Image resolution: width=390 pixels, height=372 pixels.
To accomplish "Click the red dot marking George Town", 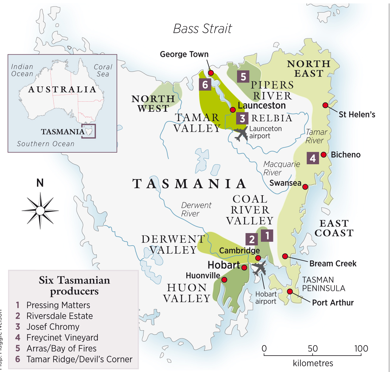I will pos(211,73).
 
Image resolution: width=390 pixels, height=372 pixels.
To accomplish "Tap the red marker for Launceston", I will pos(233,110).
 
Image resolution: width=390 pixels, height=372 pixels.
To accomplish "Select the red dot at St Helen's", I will pos(325,105).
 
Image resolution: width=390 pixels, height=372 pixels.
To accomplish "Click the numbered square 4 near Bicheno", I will pos(312,158).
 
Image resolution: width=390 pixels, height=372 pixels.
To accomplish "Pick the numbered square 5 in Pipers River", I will pos(243,77).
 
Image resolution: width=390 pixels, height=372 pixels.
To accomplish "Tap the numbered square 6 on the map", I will pos(205,85).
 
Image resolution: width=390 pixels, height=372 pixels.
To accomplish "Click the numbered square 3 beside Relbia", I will pos(242,118).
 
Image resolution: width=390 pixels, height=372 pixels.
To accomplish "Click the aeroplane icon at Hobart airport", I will pos(259,268).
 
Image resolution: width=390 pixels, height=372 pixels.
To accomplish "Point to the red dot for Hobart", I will pos(244,267).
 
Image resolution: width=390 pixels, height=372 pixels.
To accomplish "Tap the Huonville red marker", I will pos(224,280).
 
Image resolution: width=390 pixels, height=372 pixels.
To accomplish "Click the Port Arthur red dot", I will pos(290,292).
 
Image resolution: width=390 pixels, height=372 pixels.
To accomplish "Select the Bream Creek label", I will pos(333,263).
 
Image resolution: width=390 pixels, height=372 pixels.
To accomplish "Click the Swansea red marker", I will pos(305,187).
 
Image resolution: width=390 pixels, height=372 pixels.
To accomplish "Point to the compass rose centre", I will pos(40,211).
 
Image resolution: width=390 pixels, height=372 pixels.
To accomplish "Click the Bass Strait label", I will pos(202,29).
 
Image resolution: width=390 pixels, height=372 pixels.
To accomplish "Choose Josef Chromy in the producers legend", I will pos(53,327).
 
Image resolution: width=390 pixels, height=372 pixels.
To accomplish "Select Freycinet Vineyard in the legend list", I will pos(62,337).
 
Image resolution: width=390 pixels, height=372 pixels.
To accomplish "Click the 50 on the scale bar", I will pos(312,348).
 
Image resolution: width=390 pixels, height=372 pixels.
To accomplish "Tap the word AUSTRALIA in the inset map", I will pos(62,89).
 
